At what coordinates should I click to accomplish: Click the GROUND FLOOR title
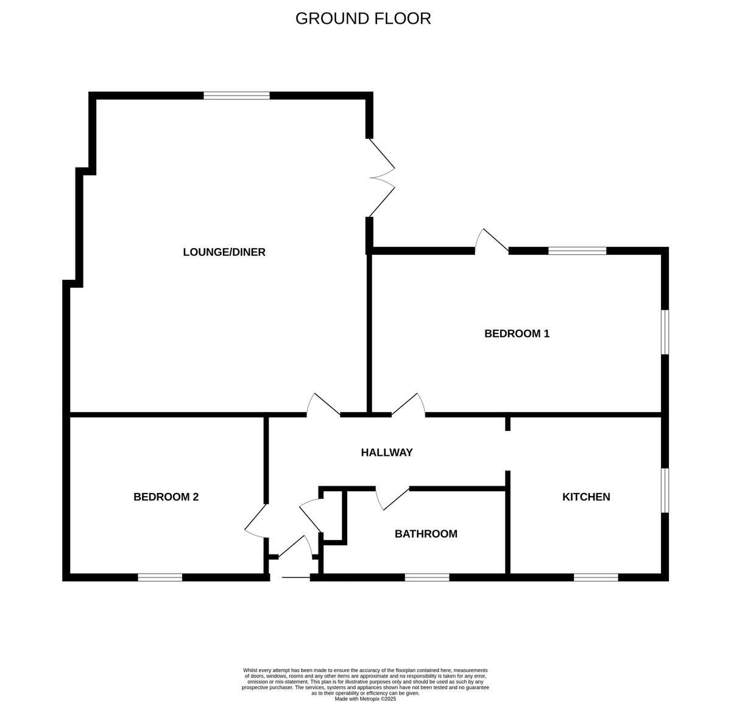[363, 18]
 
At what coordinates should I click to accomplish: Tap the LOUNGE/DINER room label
[224, 252]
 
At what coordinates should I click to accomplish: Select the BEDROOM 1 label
[517, 333]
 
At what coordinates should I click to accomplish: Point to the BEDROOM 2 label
[166, 497]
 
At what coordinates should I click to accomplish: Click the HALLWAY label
[387, 452]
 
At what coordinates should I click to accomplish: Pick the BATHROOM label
[426, 534]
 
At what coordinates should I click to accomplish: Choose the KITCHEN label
[586, 497]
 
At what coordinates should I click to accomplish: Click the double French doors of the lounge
[381, 177]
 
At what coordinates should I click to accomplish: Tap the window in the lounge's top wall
[236, 96]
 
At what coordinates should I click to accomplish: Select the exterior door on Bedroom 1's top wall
[491, 242]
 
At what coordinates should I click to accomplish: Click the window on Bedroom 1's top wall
[577, 250]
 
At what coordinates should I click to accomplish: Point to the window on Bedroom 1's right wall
[665, 332]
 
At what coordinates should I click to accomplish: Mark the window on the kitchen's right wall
[665, 490]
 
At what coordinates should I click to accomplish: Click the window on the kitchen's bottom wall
[596, 577]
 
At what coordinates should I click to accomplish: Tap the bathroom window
[427, 577]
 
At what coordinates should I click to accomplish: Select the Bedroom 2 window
[160, 577]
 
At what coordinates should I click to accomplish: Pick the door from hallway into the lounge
[322, 406]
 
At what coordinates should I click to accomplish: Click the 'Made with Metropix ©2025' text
[365, 699]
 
